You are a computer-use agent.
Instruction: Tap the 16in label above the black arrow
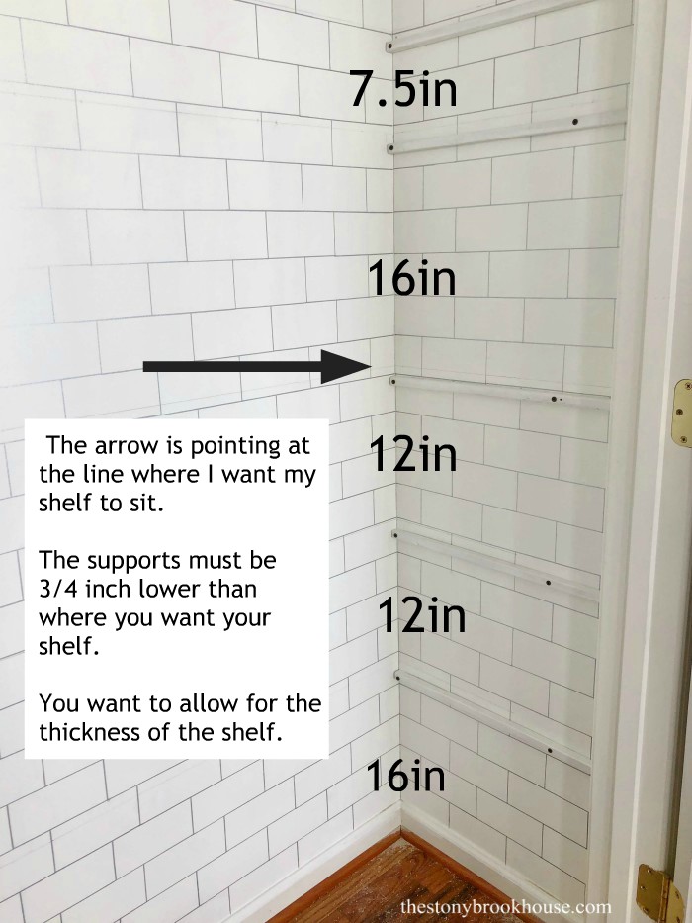click(x=411, y=279)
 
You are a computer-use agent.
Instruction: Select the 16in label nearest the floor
click(x=405, y=777)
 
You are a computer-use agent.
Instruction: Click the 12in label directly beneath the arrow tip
click(x=413, y=455)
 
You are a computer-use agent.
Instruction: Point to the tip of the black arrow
click(x=368, y=366)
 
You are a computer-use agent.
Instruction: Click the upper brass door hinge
click(x=681, y=413)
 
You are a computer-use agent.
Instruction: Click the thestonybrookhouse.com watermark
click(x=506, y=906)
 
